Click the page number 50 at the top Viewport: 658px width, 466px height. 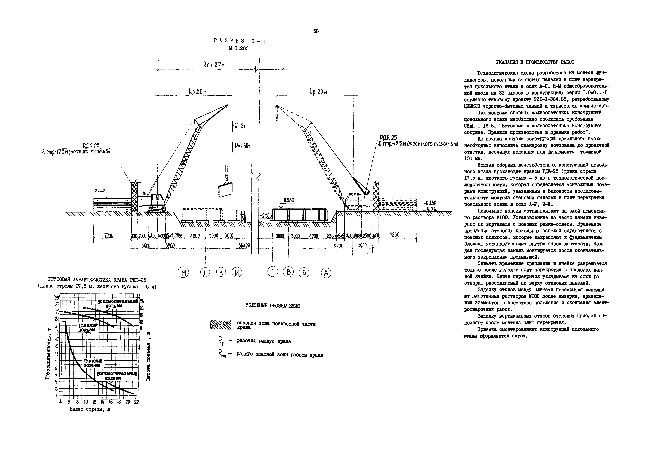click(316, 31)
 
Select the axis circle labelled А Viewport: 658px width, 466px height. click(326, 272)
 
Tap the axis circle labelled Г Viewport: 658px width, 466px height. click(273, 271)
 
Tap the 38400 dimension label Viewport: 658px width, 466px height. click(244, 245)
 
